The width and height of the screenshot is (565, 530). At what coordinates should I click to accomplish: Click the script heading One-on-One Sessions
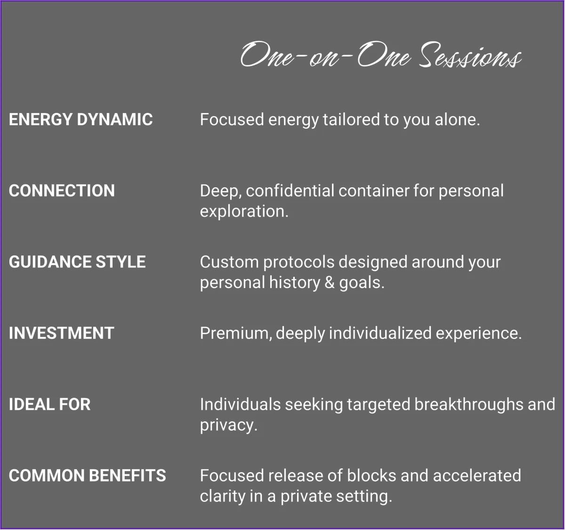coord(380,55)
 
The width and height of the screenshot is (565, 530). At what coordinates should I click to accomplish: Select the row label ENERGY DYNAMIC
coord(81,119)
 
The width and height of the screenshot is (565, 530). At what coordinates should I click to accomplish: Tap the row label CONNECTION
coord(62,190)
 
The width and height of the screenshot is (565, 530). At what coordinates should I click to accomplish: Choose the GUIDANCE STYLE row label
coord(77,262)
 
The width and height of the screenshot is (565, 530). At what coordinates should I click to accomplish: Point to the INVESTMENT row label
coord(62,333)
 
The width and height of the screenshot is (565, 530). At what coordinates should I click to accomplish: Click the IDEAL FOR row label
coord(50,404)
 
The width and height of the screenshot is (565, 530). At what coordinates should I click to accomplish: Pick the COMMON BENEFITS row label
coord(87,475)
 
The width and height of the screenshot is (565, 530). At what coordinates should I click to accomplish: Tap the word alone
coord(457,119)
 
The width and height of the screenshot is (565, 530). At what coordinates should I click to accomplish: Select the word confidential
coord(290,190)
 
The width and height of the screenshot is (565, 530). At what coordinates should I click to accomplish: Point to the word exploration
coord(244,211)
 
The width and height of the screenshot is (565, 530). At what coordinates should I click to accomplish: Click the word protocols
coord(299,262)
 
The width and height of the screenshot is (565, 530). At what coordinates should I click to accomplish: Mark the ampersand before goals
coord(330,282)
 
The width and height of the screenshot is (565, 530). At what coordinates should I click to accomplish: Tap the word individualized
coord(380,333)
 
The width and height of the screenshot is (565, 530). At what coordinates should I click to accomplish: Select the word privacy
coord(228,426)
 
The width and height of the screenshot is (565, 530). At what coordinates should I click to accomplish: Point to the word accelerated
coord(477,475)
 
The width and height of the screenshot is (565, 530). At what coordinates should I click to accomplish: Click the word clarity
coord(223,497)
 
